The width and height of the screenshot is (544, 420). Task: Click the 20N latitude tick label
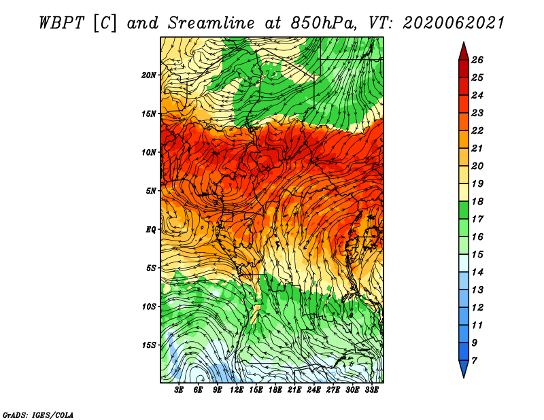(x=149, y=75)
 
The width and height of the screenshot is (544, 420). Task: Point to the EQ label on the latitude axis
(x=150, y=230)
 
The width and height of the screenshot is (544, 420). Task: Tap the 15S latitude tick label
(x=149, y=345)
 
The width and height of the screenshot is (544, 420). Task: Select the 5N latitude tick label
(x=151, y=191)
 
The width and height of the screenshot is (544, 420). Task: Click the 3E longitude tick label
(x=179, y=390)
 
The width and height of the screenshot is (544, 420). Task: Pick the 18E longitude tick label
(x=275, y=390)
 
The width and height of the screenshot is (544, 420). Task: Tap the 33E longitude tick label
(x=371, y=390)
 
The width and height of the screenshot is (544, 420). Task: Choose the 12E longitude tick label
(x=237, y=390)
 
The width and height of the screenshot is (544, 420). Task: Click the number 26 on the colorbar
(x=477, y=60)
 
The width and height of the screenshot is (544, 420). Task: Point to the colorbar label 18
(x=477, y=201)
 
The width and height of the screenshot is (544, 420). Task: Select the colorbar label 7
(x=474, y=361)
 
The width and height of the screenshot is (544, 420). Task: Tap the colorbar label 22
(x=477, y=130)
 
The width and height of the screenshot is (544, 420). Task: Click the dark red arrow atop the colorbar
(x=464, y=52)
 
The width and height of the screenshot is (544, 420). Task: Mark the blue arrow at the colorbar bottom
(x=464, y=368)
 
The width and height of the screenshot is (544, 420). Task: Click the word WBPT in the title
(x=61, y=23)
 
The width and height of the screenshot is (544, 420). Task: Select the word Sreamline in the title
(x=211, y=23)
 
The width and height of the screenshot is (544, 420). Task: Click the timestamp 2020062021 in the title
(x=454, y=23)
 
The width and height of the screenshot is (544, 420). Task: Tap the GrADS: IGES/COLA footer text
(x=38, y=415)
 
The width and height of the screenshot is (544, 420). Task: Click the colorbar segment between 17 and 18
(x=464, y=210)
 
